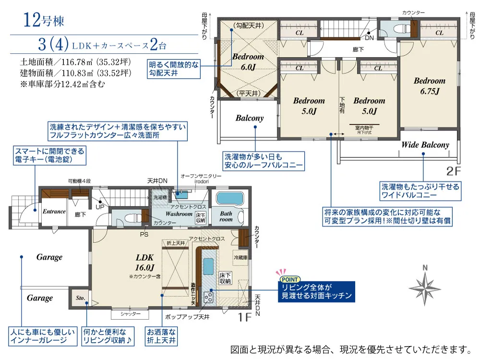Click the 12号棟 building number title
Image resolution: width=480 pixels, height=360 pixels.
tap(44, 21)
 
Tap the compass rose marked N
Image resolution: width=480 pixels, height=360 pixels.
tap(425, 286)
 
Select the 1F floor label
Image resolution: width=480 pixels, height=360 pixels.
tap(245, 316)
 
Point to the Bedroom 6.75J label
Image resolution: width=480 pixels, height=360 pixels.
tap(430, 85)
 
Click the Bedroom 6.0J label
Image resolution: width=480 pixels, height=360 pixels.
tap(248, 62)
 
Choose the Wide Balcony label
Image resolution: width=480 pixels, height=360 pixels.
tap(425, 144)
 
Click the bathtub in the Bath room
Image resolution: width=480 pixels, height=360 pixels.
tap(230, 199)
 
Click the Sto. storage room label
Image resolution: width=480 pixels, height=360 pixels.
tap(80, 298)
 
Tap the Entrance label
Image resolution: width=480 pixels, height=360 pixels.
tap(54, 212)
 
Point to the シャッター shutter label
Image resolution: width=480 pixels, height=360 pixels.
tap(130, 314)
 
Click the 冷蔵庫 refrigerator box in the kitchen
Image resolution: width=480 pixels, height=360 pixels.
tap(241, 257)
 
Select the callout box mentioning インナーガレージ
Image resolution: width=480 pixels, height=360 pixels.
tap(42, 336)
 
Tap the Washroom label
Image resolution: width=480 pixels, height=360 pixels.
tap(179, 214)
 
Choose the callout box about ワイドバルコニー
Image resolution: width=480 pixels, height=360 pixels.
tap(420, 191)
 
